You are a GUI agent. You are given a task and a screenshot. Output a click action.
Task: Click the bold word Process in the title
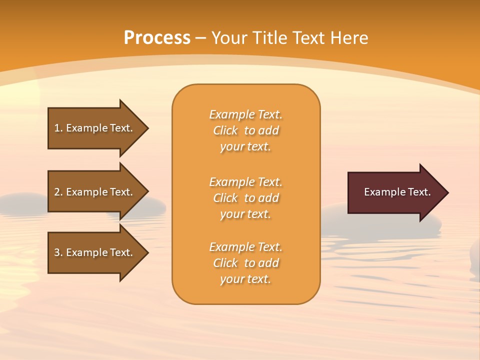click(x=157, y=38)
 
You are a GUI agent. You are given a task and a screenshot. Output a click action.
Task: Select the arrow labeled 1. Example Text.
click(x=95, y=128)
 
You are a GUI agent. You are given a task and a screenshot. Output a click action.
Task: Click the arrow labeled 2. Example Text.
click(x=95, y=192)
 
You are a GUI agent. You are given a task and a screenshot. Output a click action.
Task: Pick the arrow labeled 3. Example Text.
click(x=95, y=252)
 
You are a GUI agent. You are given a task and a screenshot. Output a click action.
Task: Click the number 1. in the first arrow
click(x=58, y=128)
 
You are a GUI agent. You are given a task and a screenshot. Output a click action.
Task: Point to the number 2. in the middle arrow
click(x=58, y=192)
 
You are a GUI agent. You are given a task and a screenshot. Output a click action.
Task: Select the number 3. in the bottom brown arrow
click(x=58, y=252)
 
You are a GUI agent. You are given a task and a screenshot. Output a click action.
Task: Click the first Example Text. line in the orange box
click(x=245, y=114)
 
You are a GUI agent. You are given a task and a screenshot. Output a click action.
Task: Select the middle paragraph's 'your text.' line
click(x=245, y=214)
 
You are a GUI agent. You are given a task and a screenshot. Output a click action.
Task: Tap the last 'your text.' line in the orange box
click(x=245, y=279)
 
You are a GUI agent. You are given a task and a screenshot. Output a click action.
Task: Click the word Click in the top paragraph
click(x=225, y=130)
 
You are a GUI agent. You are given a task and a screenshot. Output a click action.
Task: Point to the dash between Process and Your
click(x=201, y=38)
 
